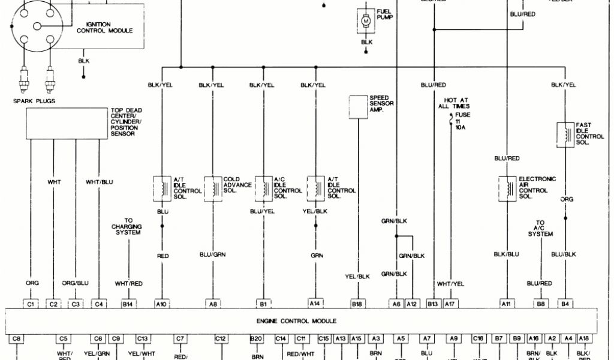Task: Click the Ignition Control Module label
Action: (105, 27)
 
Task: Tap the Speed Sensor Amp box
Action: (359, 106)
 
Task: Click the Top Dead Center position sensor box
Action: (66, 123)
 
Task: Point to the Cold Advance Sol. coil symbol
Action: (213, 187)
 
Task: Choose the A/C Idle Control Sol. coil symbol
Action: (264, 187)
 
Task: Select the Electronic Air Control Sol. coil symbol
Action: (508, 187)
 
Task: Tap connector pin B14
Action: (127, 304)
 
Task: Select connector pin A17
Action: (450, 304)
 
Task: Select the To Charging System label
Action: (126, 226)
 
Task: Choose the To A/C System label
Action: (540, 228)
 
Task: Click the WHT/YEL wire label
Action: (450, 283)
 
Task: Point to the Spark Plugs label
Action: (34, 101)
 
